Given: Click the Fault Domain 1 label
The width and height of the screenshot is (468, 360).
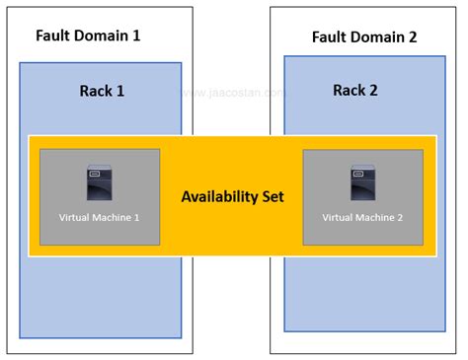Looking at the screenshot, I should [88, 35].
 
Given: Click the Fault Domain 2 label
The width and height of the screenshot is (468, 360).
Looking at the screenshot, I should [364, 37].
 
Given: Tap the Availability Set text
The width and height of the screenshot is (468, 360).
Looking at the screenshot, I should [232, 196].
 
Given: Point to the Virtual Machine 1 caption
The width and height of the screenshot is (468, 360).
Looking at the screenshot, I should [100, 216].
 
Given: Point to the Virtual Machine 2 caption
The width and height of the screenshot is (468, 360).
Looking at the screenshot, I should [362, 216].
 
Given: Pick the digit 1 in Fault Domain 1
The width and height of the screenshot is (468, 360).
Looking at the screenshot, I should [136, 35].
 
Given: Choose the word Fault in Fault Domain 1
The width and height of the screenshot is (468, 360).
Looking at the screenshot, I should [53, 35].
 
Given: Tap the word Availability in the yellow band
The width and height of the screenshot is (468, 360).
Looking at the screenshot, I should [219, 196].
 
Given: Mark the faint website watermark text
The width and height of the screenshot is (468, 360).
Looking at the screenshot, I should [234, 95].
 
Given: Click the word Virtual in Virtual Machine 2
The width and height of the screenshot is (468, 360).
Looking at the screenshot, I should [340, 216].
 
